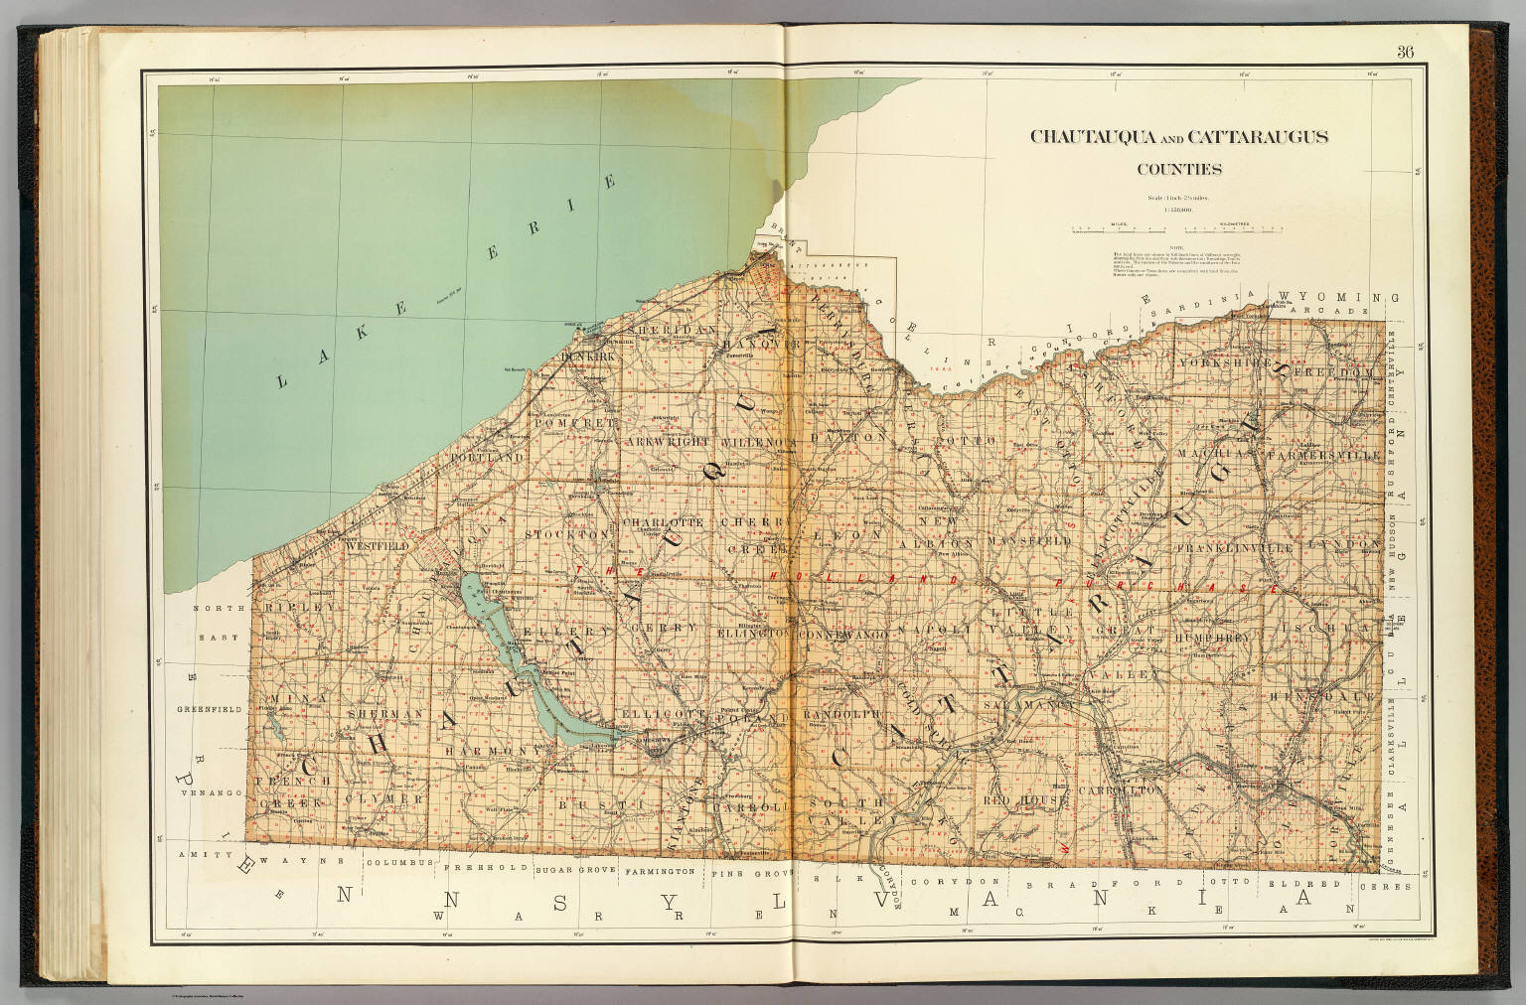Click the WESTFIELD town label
(x=379, y=546)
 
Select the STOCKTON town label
(x=570, y=534)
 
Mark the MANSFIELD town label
(x=1029, y=541)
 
